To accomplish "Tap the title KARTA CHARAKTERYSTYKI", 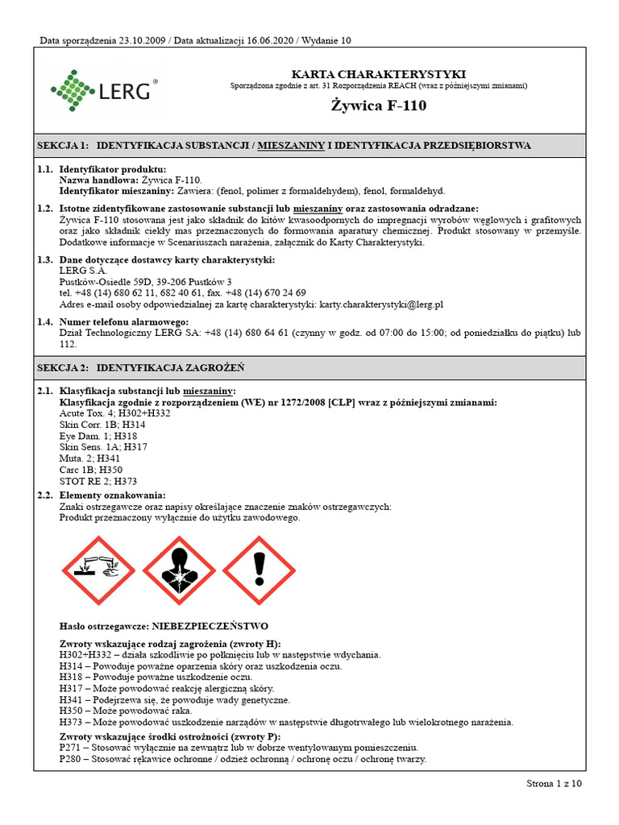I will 378,74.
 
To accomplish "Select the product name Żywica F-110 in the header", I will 378,106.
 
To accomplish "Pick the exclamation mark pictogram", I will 260,571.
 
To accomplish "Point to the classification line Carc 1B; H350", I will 88,469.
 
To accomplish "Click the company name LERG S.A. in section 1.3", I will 83,271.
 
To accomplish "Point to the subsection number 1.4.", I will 45,321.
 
